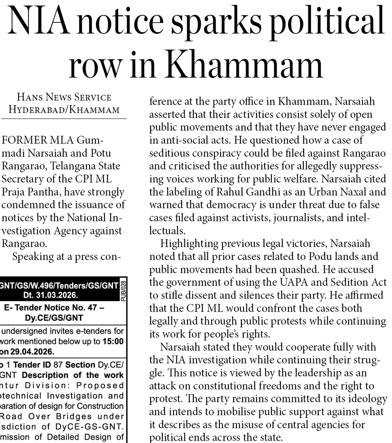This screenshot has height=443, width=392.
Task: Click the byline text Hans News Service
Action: (64, 97)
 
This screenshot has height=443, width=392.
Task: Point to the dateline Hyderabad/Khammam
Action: (64, 110)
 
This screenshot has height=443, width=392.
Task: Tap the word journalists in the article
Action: (298, 218)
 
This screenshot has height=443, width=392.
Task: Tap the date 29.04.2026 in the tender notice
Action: (32, 351)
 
